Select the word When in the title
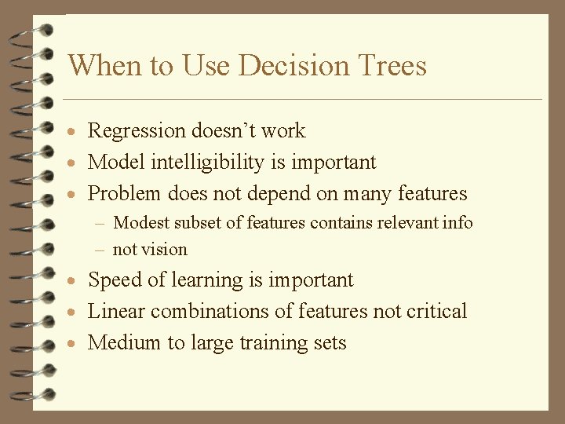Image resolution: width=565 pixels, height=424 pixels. (99, 65)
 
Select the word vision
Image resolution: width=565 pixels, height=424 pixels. (164, 250)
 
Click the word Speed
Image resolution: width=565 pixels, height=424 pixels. (114, 280)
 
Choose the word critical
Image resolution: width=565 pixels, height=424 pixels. (436, 312)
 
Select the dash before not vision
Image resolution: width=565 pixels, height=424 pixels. (101, 250)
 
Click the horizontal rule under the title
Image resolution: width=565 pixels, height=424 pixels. (302, 100)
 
